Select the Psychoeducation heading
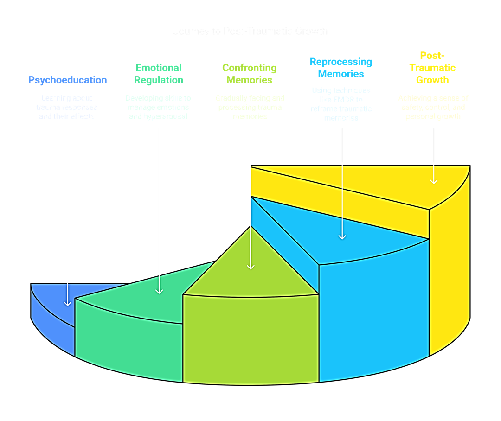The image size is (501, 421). click(67, 80)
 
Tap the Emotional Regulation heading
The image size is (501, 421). click(159, 74)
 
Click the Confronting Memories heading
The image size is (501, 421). click(249, 74)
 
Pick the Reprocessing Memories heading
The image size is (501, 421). click(341, 68)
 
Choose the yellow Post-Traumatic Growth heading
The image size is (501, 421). click(432, 68)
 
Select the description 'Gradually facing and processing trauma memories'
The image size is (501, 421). click(250, 107)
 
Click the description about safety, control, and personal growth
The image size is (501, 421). click(433, 107)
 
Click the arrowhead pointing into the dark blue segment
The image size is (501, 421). click(68, 303)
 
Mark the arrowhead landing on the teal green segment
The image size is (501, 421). click(159, 291)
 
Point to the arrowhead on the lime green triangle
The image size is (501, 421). click(250, 266)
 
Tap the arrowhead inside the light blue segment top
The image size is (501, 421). click(342, 236)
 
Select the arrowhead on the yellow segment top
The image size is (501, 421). click(434, 181)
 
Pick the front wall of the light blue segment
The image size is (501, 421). click(371, 315)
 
